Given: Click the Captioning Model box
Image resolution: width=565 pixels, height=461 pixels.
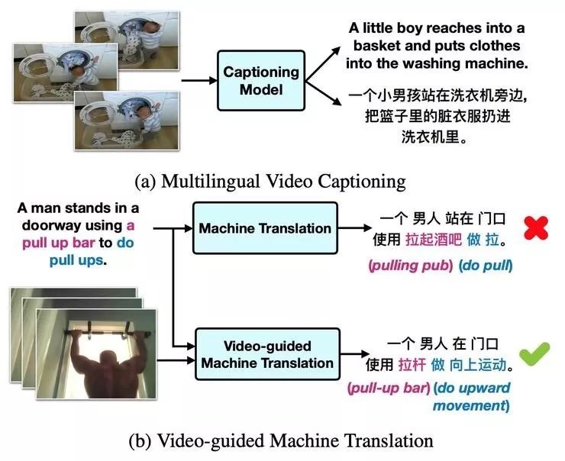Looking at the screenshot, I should coord(260,82).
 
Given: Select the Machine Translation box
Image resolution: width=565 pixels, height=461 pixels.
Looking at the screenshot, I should coord(265,228).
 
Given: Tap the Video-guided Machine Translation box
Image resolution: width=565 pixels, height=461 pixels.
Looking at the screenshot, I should coord(266,353).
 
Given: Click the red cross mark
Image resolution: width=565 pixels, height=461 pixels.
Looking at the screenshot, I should coord(538,229).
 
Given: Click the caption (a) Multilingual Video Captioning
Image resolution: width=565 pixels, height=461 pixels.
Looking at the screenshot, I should coord(270,182).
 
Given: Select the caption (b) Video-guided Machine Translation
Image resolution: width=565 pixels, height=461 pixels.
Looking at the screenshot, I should coord(282,440).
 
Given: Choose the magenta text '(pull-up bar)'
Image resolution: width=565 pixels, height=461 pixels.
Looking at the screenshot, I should coord(386,388).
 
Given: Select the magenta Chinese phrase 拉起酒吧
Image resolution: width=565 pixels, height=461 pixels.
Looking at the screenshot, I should coord(430,240).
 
